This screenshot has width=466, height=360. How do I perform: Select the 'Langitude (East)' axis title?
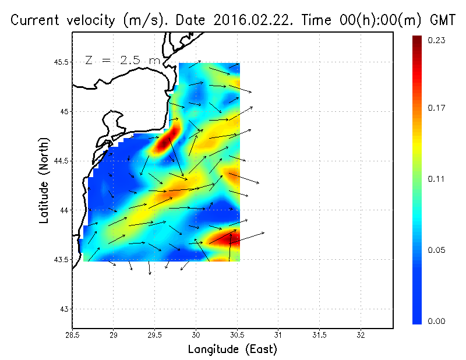[232, 350]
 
